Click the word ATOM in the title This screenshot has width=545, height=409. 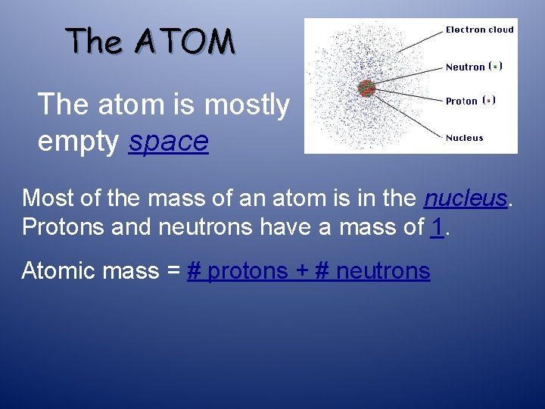185,41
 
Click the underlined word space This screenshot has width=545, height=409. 168,142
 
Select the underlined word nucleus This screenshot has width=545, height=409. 464,198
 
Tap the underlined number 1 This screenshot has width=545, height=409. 437,226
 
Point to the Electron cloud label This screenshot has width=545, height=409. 479,30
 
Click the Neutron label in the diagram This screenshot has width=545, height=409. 465,67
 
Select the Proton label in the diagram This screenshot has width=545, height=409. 461,101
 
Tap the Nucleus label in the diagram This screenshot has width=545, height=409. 464,138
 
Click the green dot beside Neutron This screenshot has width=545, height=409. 495,67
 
